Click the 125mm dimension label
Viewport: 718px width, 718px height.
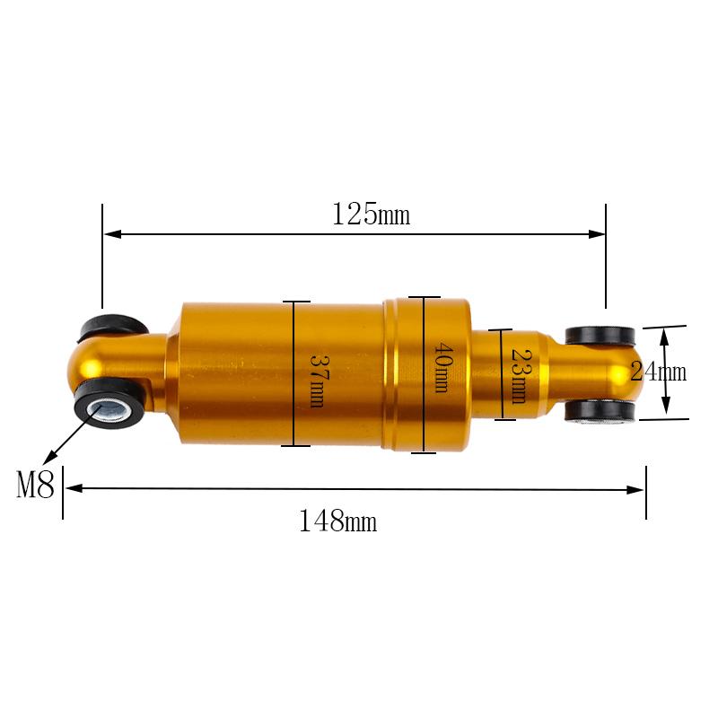[371, 214]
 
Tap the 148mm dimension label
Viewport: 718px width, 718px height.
[338, 521]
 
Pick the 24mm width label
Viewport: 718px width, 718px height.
[659, 372]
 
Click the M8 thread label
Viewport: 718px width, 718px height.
[35, 485]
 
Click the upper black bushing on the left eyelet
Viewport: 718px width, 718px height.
[113, 327]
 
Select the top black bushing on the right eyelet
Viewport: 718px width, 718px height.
[600, 336]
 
